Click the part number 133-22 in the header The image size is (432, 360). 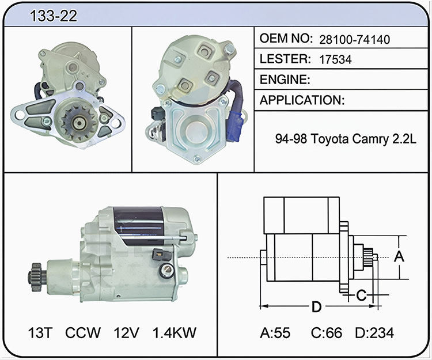(x=54, y=16)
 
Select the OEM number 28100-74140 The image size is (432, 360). (x=355, y=40)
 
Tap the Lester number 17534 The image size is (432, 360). (x=335, y=59)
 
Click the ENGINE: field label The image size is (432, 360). (x=285, y=79)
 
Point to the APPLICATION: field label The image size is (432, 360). (x=302, y=100)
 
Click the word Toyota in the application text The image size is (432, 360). (x=329, y=139)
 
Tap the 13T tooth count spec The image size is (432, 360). (x=40, y=333)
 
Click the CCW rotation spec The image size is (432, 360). (x=82, y=333)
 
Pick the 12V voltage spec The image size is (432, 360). (x=127, y=333)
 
